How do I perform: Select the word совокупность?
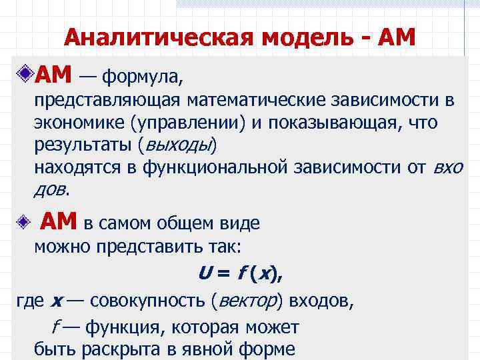(x=147, y=300)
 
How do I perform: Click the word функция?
(x=117, y=327)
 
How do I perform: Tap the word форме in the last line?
(x=266, y=349)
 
